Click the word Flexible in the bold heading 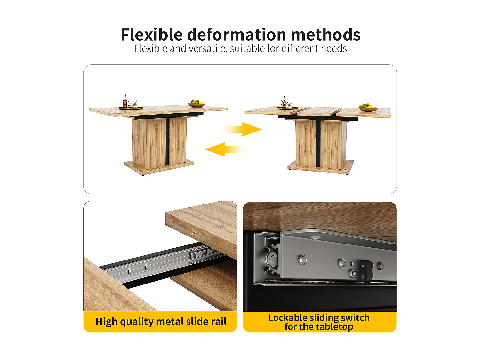click(151, 35)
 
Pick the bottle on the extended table click(284, 101)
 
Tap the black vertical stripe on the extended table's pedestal click(318, 143)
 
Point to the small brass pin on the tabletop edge click(194, 233)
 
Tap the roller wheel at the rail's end click(272, 259)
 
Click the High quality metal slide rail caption click(161, 322)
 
